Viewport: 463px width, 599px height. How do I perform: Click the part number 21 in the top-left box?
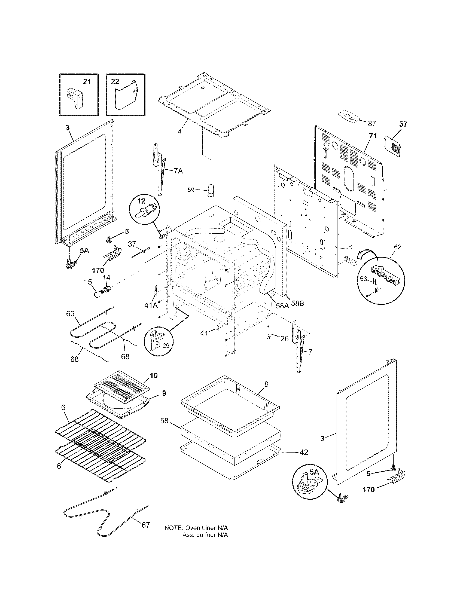pos(87,82)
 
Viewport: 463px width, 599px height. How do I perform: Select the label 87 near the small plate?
pos(372,124)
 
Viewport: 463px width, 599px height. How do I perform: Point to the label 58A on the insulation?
pos(282,305)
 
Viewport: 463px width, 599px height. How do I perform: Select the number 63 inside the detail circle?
pos(363,279)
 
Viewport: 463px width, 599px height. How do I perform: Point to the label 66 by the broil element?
pos(71,313)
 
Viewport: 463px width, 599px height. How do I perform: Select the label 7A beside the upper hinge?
pos(178,171)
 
